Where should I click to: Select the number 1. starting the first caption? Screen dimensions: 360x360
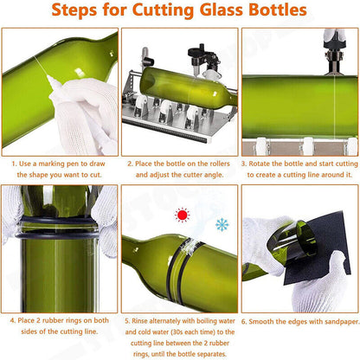click(x=14, y=163)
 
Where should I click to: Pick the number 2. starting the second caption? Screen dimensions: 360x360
click(x=130, y=163)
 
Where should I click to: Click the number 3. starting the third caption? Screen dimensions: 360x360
click(x=245, y=163)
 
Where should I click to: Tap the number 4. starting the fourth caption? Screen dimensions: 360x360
click(x=14, y=320)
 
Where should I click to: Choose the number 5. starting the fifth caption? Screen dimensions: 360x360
click(x=130, y=320)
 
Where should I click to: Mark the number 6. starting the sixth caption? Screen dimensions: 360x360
click(x=245, y=320)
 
